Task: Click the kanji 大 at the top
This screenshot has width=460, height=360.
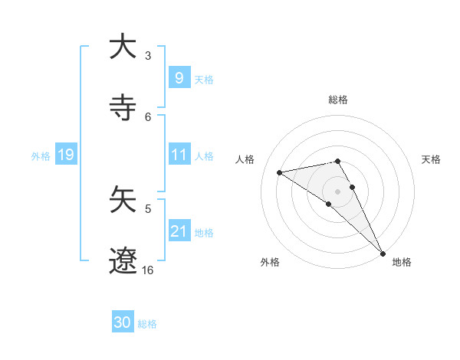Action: coord(123,47)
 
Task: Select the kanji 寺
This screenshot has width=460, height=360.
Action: coord(123,108)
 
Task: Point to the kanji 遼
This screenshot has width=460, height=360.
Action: coord(123,260)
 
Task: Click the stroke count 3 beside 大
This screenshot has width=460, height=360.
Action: coord(148,56)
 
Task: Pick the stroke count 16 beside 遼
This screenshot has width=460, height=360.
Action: coord(147,270)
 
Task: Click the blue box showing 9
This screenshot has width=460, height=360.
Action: coord(179,77)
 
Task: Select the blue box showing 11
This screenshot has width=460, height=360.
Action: coord(179,155)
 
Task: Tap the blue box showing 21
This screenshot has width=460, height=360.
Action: coord(179,231)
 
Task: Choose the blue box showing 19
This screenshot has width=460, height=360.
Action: coord(66,155)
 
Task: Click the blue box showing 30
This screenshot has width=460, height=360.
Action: coord(123,322)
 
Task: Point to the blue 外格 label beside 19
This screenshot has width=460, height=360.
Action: coord(41,155)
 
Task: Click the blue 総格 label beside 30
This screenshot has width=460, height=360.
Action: coord(148,324)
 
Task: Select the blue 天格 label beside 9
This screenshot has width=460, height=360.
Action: coord(204,79)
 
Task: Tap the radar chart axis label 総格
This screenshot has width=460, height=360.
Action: coord(338,100)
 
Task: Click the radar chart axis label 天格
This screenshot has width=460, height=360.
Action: coord(432,159)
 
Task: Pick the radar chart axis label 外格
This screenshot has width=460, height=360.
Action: coord(270,262)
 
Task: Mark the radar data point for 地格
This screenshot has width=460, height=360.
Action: coord(383,253)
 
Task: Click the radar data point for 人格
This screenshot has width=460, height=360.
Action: coord(279,172)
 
